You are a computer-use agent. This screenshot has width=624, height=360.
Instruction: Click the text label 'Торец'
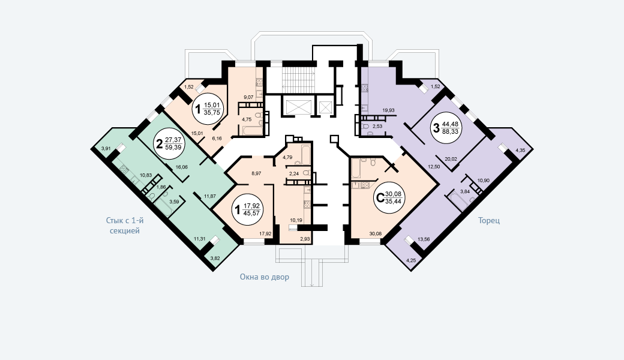coord(489,220)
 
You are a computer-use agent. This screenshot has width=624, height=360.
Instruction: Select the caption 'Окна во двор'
coord(264,277)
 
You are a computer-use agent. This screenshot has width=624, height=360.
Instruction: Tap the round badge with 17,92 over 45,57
coord(249,209)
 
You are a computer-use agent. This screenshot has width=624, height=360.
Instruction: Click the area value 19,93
coord(388,110)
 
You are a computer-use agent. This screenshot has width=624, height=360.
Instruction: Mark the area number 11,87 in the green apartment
coord(209,196)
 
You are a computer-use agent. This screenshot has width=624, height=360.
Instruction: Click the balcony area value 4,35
coord(520,149)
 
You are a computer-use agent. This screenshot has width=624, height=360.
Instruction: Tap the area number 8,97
coord(257,173)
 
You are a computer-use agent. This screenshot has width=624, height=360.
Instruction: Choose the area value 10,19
coord(296,220)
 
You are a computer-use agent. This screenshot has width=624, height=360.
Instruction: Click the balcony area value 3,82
coord(215,259)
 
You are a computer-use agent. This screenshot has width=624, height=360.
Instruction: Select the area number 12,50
coord(434,166)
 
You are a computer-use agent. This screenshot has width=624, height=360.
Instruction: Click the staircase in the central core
coord(298,79)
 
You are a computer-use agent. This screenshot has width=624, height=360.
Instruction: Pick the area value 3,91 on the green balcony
coord(106,148)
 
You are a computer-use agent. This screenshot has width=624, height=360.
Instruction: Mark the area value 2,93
coord(305,239)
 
